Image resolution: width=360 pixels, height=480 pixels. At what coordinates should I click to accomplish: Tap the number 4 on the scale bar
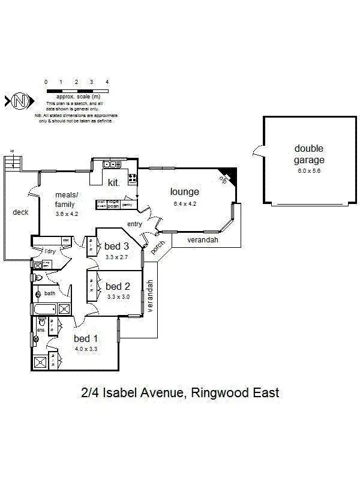click(107, 81)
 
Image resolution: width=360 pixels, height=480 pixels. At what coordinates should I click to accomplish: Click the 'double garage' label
click(308, 154)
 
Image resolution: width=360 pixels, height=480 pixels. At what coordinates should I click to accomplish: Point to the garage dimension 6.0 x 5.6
click(309, 171)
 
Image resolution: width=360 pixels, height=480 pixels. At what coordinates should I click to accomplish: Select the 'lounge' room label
click(184, 192)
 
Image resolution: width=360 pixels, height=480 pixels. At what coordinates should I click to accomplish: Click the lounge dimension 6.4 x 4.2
click(184, 203)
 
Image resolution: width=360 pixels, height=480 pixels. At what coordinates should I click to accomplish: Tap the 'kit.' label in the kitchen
click(113, 182)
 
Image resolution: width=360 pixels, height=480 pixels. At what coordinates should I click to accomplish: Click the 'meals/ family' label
click(65, 199)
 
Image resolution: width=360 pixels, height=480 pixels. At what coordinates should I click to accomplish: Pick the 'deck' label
click(20, 212)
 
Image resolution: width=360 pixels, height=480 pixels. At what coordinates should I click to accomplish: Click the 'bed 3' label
click(116, 246)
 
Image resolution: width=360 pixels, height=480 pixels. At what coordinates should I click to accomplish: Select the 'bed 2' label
click(118, 286)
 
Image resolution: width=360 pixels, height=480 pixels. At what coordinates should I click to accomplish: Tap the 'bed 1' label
click(86, 338)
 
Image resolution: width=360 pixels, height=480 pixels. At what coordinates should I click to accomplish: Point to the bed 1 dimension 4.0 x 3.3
click(86, 349)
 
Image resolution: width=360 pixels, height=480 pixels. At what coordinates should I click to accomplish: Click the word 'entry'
click(134, 224)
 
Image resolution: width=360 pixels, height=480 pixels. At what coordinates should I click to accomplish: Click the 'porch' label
click(158, 247)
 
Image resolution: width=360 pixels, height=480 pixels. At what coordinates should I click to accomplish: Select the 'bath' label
click(49, 293)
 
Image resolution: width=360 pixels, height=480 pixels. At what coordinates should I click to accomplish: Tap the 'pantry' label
click(127, 205)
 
